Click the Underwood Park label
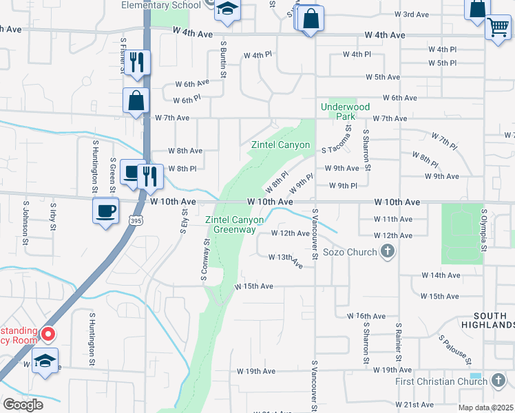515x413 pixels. click(346, 112)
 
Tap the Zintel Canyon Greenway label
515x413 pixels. click(235, 224)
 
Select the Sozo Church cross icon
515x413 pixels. click(388, 252)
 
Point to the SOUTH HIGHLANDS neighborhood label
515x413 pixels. click(488, 319)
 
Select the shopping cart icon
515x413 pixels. click(498, 28)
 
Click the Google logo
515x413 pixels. click(23, 405)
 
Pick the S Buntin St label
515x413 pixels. click(223, 57)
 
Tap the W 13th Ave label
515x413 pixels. click(286, 260)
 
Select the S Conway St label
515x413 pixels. click(204, 260)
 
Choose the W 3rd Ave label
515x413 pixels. click(412, 14)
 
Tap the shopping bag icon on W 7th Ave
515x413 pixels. click(136, 100)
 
